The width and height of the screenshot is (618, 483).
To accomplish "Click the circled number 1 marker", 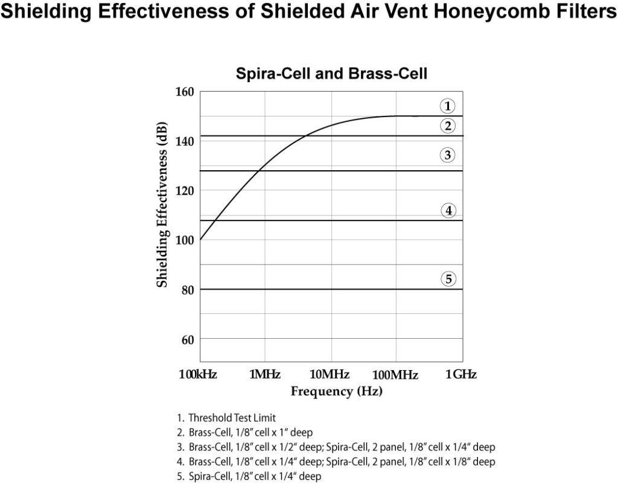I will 447,106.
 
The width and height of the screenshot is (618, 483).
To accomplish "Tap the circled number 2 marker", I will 447,126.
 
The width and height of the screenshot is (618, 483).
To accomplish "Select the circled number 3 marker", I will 447,155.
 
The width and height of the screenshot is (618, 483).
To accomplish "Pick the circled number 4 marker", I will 447,211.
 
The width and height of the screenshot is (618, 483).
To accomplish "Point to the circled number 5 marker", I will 447,279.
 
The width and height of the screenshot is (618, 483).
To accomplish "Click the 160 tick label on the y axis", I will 184,92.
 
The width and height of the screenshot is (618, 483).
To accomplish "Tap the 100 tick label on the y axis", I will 184,240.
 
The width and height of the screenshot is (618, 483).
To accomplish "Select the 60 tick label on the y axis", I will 186,339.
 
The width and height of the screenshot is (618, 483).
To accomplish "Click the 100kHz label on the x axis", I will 198,375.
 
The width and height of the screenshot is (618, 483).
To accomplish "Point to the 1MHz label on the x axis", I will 264,375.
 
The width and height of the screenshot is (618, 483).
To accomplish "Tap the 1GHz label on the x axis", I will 461,375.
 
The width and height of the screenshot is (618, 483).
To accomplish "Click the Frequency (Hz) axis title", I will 337,391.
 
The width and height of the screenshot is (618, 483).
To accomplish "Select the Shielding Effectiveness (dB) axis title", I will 162,205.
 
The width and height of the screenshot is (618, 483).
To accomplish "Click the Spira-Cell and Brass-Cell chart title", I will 331,74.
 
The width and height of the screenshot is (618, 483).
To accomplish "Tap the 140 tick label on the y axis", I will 184,141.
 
